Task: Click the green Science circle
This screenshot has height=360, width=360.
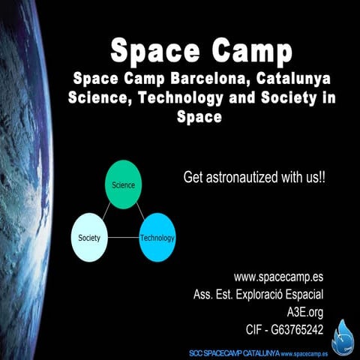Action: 124,184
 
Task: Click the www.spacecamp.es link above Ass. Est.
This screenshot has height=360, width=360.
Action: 278,277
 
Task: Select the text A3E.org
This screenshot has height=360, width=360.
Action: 305,311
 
